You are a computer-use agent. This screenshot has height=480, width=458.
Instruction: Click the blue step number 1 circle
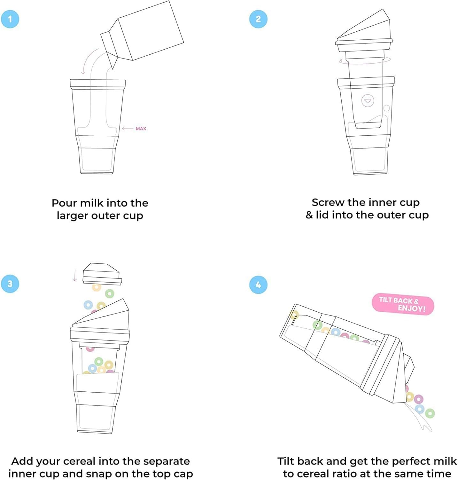pos(10,19)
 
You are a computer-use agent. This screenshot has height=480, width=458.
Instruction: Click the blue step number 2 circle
pos(258,19)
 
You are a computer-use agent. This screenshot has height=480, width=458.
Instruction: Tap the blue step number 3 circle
pos(10,284)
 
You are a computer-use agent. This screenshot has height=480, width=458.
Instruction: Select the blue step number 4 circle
pos(258,284)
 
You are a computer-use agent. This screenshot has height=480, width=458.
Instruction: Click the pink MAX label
pos(141,129)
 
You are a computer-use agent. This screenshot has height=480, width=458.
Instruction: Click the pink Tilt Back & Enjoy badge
pos(403,305)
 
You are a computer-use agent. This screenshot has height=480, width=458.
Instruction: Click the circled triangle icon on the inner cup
pos(368,100)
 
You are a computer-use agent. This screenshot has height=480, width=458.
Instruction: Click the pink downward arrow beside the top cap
pos(75,275)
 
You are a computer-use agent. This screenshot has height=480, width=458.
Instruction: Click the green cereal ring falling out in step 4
pos(430,413)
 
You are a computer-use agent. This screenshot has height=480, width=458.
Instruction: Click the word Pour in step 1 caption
pos(64,203)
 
